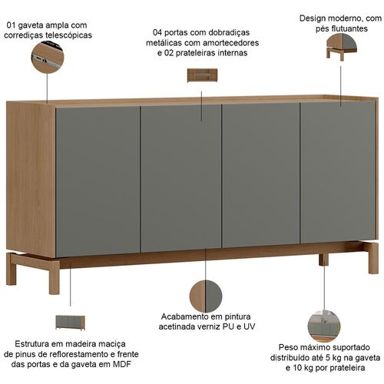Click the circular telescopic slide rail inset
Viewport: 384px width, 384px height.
click(x=48, y=58)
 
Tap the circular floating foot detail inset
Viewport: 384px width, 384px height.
click(x=342, y=47)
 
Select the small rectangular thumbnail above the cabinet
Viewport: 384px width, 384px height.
click(x=202, y=75)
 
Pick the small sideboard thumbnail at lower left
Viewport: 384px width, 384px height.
click(x=70, y=323)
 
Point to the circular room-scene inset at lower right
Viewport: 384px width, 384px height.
click(x=324, y=326)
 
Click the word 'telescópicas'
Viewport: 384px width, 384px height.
click(x=68, y=35)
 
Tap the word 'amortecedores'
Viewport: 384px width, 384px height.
click(x=228, y=43)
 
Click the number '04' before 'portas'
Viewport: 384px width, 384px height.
click(x=157, y=32)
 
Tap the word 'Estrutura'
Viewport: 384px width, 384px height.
click(x=31, y=343)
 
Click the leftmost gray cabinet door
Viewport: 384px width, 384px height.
click(x=98, y=181)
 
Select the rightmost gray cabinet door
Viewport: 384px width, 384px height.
click(x=338, y=172)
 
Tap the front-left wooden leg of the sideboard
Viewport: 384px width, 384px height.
click(x=54, y=277)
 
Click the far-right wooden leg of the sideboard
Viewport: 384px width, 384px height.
click(x=373, y=258)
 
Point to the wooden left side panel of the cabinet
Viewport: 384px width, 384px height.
click(x=31, y=178)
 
